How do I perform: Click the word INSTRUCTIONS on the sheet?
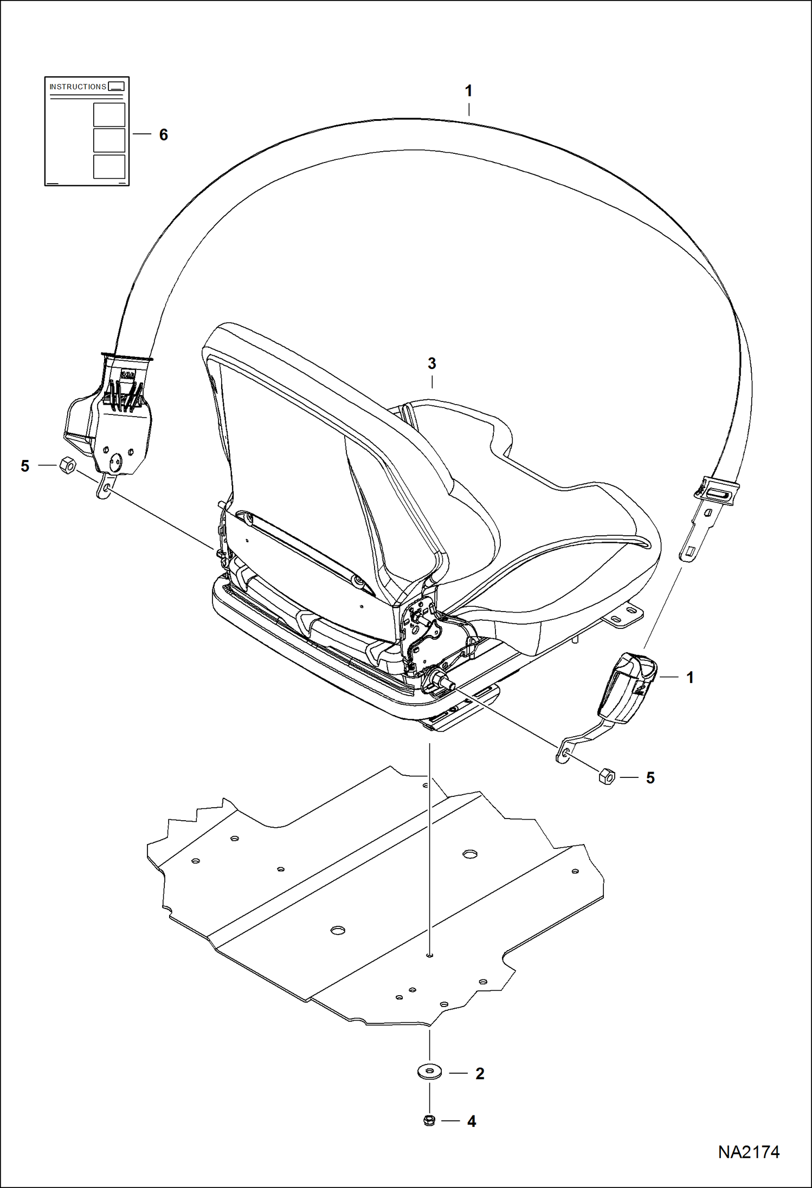click(x=78, y=87)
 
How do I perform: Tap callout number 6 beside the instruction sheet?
click(x=163, y=134)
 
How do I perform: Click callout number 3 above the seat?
click(x=431, y=363)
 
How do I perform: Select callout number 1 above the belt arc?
click(x=469, y=90)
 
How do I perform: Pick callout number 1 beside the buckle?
click(x=689, y=677)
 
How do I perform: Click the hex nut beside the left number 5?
click(x=67, y=465)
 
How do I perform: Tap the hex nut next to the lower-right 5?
click(x=607, y=777)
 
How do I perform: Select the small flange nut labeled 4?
click(x=429, y=1120)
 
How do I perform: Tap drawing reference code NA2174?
click(x=749, y=1152)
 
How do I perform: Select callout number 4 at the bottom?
click(x=471, y=1121)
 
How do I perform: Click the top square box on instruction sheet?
click(x=109, y=114)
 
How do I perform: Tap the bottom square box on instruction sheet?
click(x=109, y=166)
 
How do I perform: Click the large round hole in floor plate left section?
click(x=338, y=930)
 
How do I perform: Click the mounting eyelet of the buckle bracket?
click(x=564, y=752)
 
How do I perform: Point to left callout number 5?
click(x=25, y=466)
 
